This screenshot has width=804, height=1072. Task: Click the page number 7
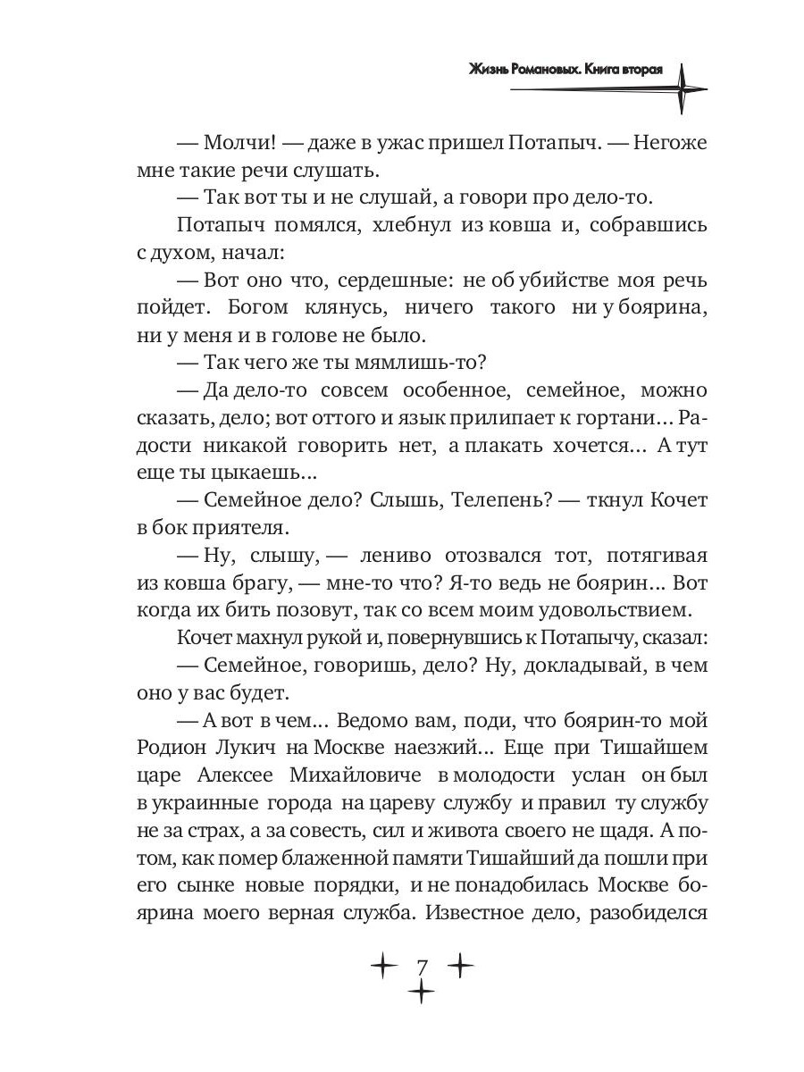pyautogui.click(x=422, y=967)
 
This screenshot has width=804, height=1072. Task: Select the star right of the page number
pyautogui.click(x=459, y=966)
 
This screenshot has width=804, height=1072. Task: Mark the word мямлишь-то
pyautogui.click(x=429, y=364)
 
